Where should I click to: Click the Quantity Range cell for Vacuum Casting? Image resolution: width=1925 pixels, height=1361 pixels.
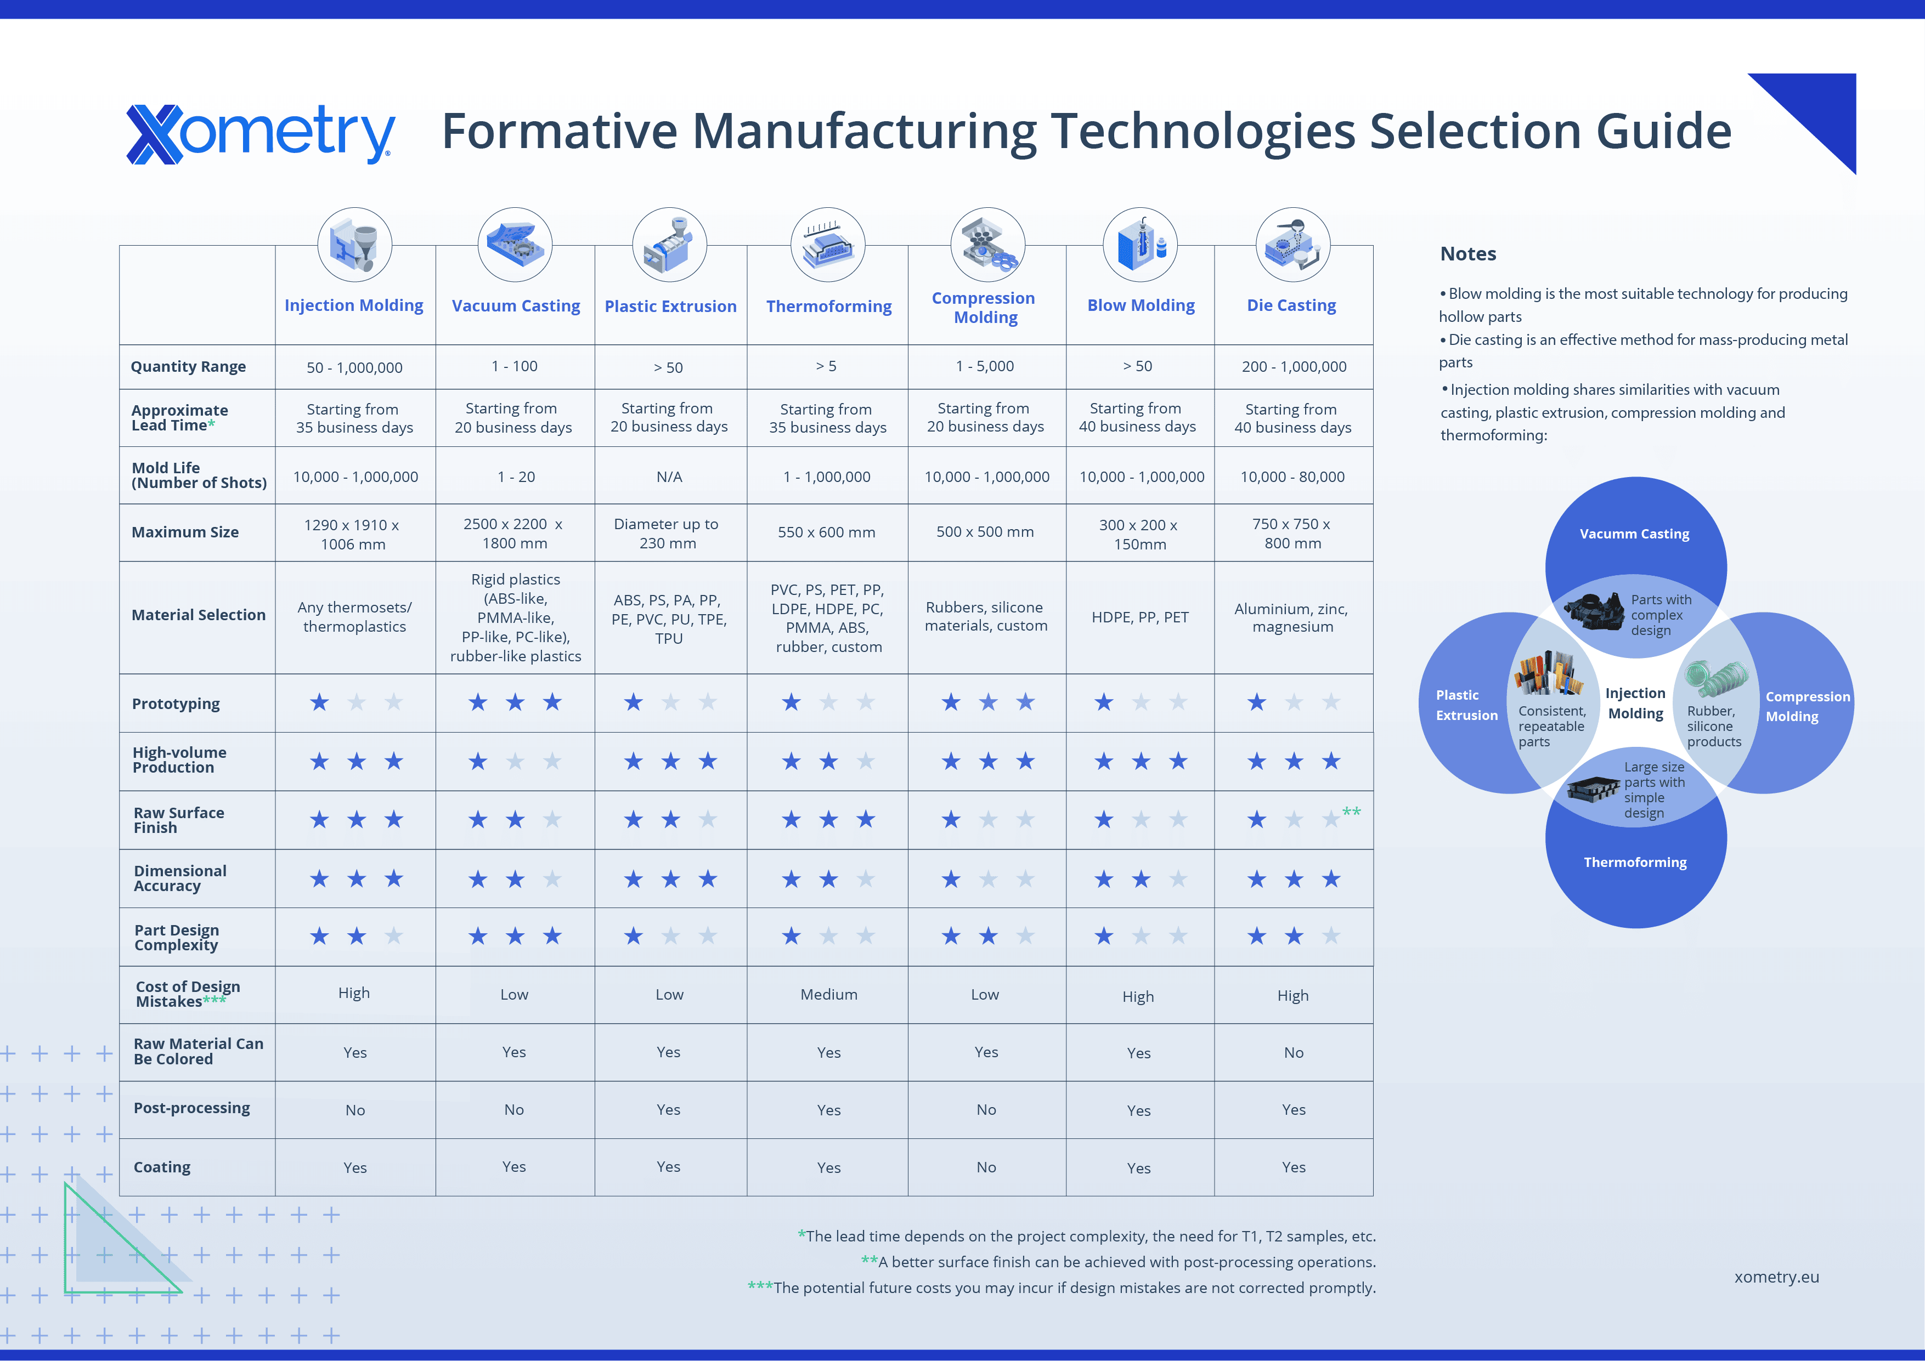514,366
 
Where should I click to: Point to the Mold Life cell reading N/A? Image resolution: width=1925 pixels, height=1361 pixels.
669,477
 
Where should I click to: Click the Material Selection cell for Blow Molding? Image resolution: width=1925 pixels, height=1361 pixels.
1139,617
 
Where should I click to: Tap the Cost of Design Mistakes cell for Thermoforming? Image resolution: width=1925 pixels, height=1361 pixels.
828,995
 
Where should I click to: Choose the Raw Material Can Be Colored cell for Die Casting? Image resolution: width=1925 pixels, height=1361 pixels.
1294,1053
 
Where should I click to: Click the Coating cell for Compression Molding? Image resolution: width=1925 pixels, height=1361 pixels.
986,1167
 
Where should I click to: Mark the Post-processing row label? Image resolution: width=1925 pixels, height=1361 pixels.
191,1108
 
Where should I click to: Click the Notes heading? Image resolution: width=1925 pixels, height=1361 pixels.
1467,254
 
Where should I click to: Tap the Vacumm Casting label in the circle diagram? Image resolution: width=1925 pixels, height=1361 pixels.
1634,534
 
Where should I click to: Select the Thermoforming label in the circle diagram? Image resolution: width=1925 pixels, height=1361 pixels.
1635,863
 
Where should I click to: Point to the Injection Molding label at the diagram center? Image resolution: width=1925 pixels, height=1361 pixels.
1635,703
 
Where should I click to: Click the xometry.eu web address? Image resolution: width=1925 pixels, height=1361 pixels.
1776,1277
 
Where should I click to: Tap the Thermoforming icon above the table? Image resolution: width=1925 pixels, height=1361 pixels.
827,245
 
